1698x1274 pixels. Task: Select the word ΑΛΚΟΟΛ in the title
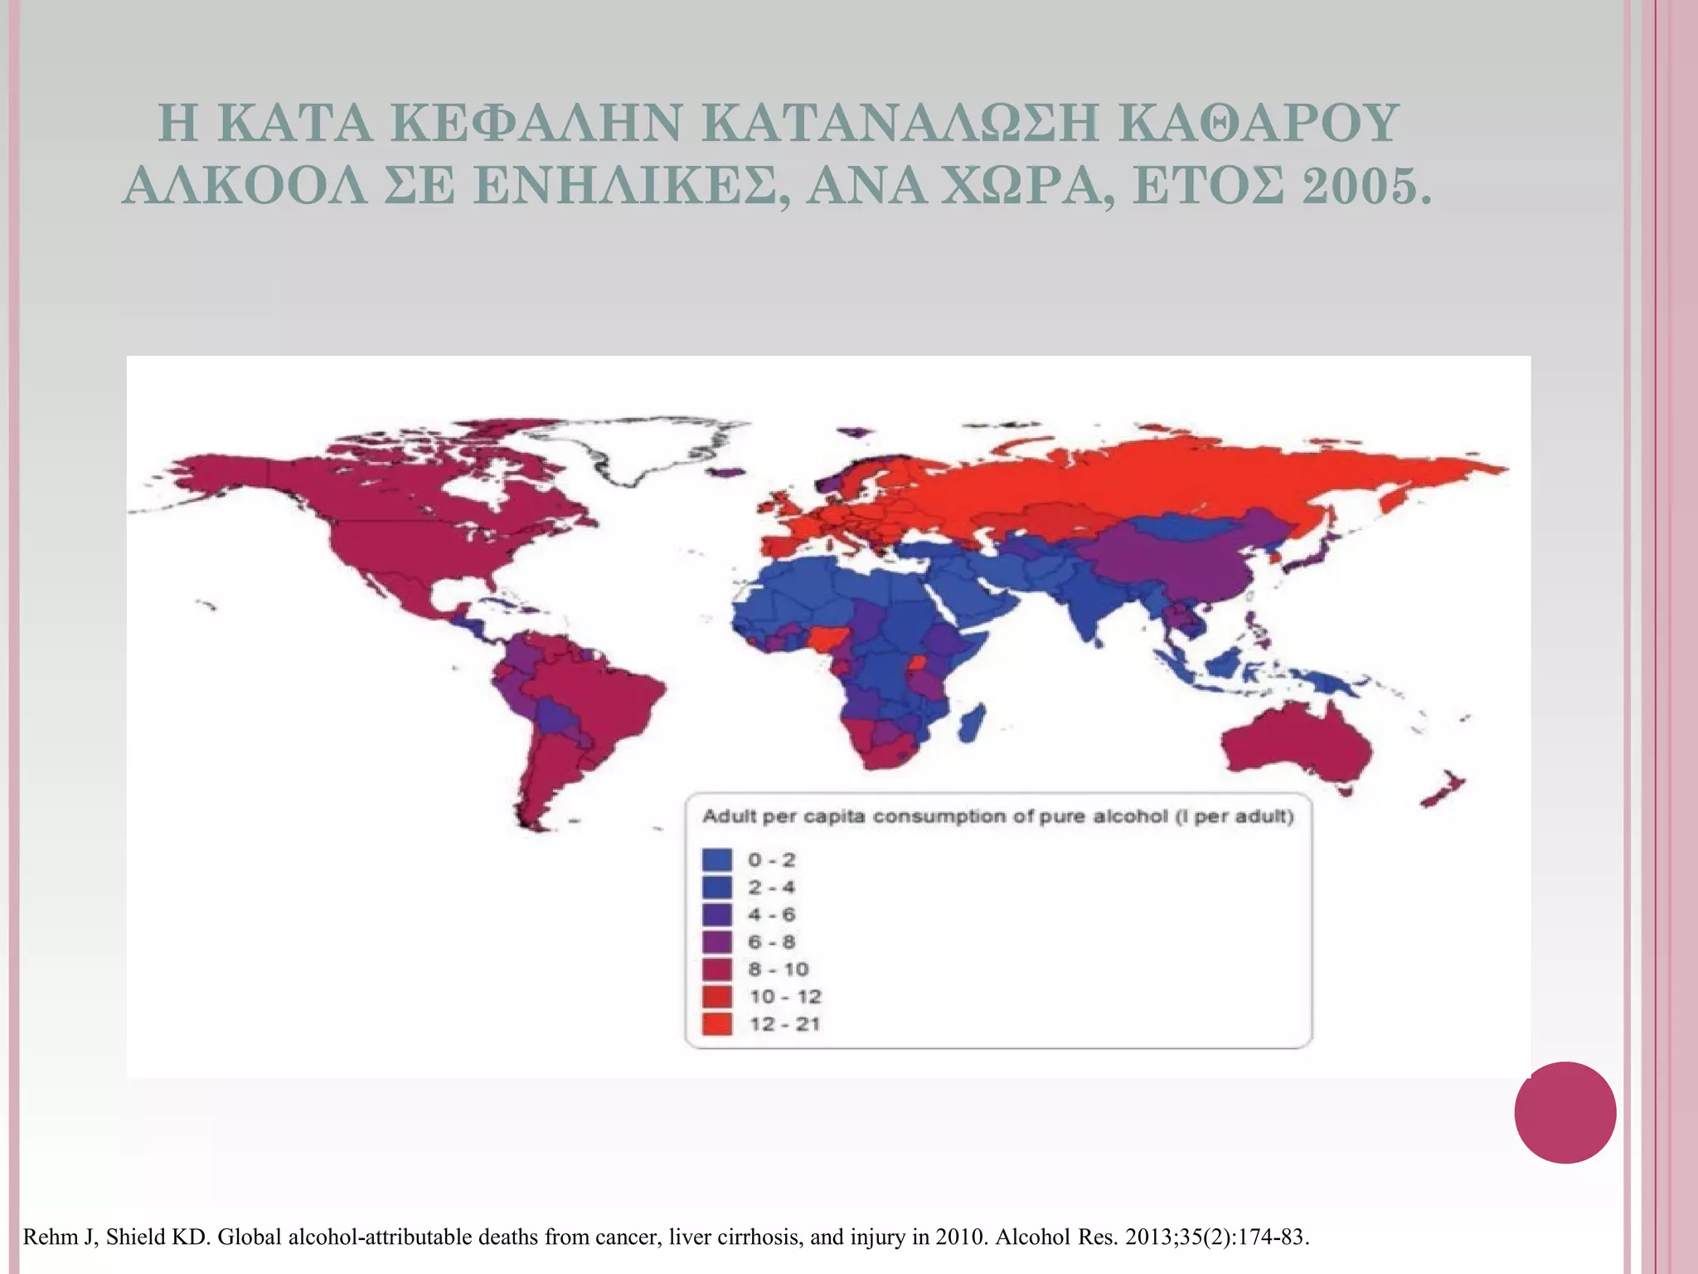[244, 186]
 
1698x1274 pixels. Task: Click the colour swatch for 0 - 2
[717, 859]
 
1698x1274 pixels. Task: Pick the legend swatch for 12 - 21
[717, 1024]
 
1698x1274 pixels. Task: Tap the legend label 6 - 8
[772, 941]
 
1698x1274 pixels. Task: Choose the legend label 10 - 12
[784, 996]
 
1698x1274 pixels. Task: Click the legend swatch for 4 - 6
[717, 914]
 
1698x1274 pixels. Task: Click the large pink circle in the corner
[1565, 1112]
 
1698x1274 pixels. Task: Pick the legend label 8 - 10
[778, 969]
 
